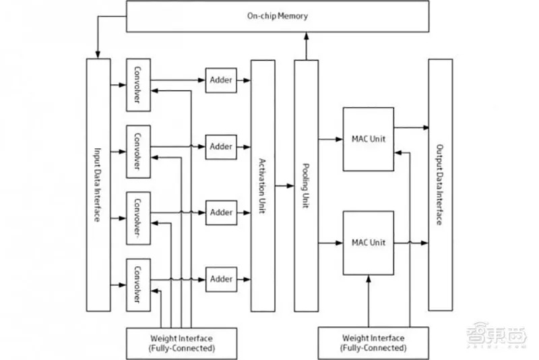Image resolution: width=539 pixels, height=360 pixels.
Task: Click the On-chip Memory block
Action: click(277, 16)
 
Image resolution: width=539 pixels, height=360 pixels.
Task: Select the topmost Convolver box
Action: click(137, 85)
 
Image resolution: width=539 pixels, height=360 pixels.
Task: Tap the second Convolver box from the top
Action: click(137, 151)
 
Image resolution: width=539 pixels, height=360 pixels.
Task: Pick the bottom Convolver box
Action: click(137, 283)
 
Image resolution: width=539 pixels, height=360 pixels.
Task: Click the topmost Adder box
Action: click(220, 80)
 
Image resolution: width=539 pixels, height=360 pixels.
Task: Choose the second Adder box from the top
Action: click(220, 146)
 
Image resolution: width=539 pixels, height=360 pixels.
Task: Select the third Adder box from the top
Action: click(220, 212)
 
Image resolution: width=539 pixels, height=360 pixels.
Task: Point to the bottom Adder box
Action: click(220, 278)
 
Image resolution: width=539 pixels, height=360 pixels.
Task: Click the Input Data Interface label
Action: click(98, 185)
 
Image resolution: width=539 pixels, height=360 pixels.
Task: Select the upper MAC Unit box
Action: click(368, 138)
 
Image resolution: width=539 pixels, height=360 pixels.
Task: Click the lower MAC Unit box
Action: click(368, 243)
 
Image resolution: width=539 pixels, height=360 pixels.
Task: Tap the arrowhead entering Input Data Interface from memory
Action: click(98, 54)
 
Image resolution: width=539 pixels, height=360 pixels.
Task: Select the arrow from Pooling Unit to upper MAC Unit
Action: click(330, 139)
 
